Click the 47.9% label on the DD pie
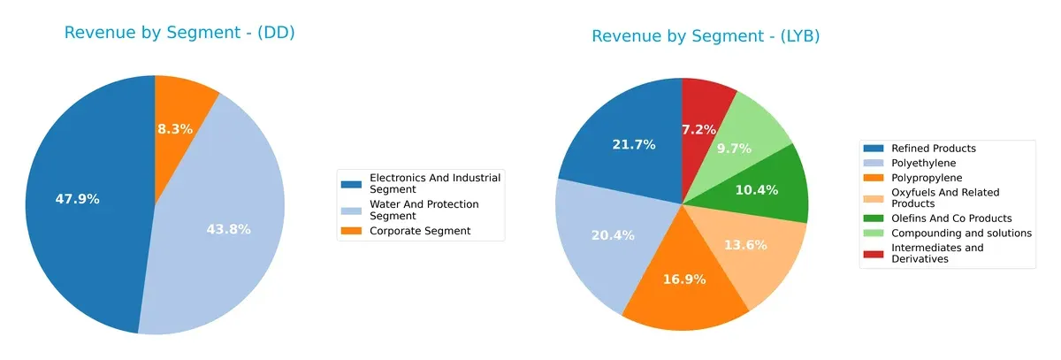pyautogui.click(x=78, y=199)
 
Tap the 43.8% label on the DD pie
pyautogui.click(x=228, y=229)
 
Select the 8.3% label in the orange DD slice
pyautogui.click(x=175, y=128)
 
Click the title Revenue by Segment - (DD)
pyautogui.click(x=179, y=33)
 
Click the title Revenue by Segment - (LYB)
pyautogui.click(x=706, y=36)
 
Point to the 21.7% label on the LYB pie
pyautogui.click(x=633, y=144)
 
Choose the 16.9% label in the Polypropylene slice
pyautogui.click(x=683, y=280)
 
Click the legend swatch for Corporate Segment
pyautogui.click(x=352, y=231)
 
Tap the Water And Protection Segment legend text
pyautogui.click(x=424, y=210)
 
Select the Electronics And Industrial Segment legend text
pyautogui.click(x=435, y=183)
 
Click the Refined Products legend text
pyautogui.click(x=934, y=149)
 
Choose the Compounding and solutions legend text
pyautogui.click(x=962, y=233)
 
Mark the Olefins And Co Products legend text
pyautogui.click(x=951, y=218)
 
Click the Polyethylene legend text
pyautogui.click(x=924, y=163)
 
